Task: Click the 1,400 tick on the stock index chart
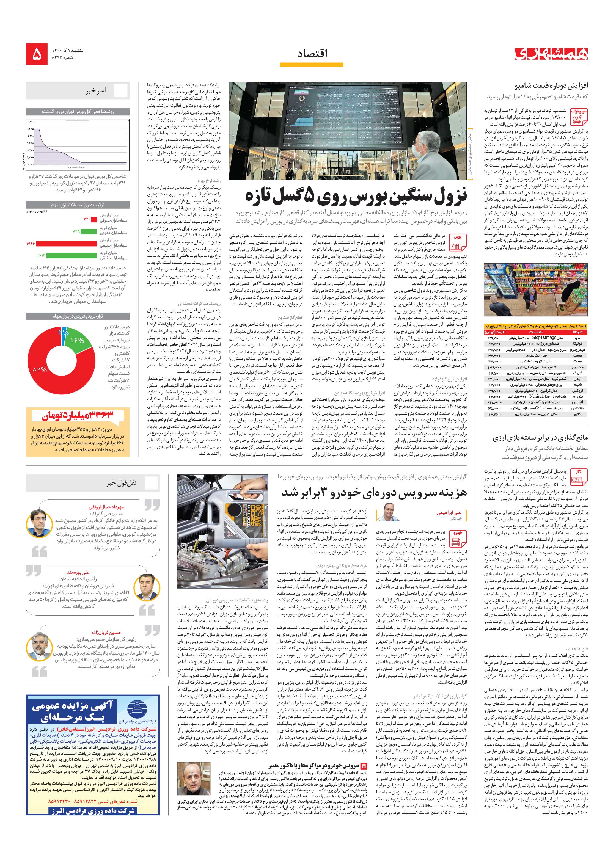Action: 31,122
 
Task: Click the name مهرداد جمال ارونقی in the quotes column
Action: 106,507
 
